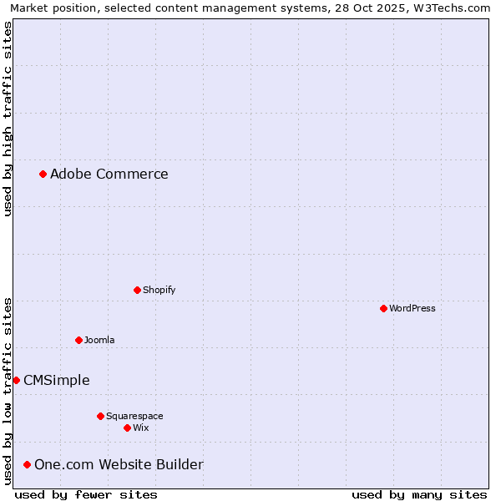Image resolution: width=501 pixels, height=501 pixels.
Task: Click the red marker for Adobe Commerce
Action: point(43,174)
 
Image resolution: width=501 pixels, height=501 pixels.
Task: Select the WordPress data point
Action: point(383,308)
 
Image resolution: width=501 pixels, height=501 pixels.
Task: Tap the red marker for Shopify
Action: point(137,290)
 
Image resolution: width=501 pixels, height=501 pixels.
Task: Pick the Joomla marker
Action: point(78,340)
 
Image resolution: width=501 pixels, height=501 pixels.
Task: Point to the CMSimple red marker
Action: point(16,380)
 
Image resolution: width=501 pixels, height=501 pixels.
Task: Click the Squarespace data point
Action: point(100,416)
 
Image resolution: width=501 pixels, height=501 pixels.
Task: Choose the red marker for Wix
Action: point(127,428)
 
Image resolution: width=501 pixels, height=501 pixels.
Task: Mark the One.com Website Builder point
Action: point(27,464)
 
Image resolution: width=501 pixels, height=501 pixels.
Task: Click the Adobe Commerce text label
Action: point(109,174)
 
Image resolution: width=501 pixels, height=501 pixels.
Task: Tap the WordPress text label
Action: point(412,308)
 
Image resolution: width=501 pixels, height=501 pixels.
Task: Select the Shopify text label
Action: point(159,290)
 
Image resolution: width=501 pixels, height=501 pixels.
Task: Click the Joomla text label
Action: point(99,340)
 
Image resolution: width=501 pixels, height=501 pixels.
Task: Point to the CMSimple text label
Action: point(56,380)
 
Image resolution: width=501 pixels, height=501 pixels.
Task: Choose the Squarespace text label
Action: point(134,416)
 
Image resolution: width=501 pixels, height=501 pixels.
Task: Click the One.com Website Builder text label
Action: point(119,464)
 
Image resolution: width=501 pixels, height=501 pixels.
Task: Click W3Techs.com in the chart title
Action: point(454,8)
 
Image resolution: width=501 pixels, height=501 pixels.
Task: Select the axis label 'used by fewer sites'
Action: point(86,494)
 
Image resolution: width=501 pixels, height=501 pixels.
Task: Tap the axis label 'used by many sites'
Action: point(419,494)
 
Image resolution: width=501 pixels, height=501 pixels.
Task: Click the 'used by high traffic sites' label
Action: point(8,119)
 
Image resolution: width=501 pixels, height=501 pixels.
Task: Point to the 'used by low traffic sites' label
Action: point(8,390)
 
